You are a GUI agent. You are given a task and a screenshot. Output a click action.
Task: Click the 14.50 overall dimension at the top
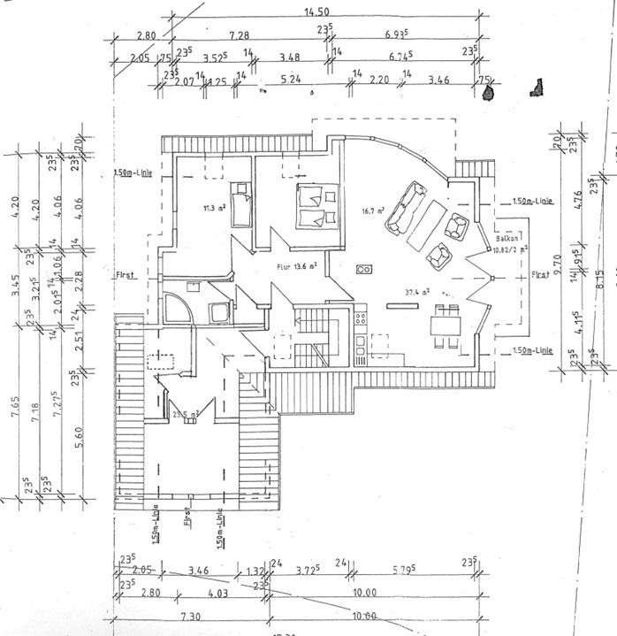click(x=316, y=12)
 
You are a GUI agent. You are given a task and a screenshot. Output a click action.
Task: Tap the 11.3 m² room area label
click(x=212, y=209)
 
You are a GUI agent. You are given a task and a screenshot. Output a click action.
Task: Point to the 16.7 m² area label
click(x=372, y=211)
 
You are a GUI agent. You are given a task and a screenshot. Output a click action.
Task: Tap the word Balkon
click(x=507, y=239)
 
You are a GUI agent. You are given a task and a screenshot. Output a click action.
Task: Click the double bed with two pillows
click(x=315, y=205)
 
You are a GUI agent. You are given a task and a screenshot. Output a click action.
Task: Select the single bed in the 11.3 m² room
click(x=241, y=204)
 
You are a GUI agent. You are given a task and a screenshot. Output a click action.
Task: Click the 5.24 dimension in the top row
click(x=290, y=80)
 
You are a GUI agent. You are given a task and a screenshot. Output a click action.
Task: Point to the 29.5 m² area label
click(x=185, y=412)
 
